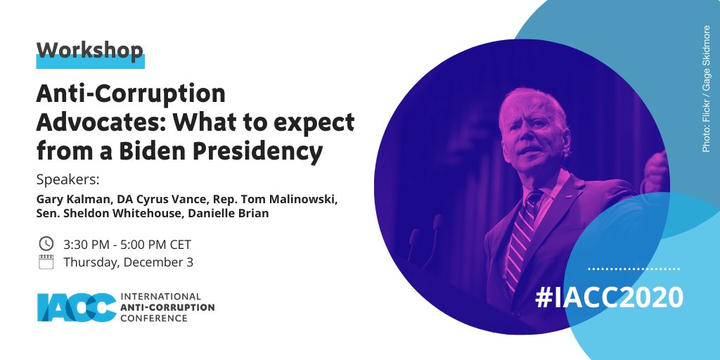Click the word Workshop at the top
[89, 49]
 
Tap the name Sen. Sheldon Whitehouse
[104, 213]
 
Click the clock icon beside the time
[46, 244]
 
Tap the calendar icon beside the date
[46, 263]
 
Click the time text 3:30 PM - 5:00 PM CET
[127, 245]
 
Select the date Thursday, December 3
[128, 263]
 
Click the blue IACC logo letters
[77, 308]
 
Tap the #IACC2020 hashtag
[609, 297]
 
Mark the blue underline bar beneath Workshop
[90, 63]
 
